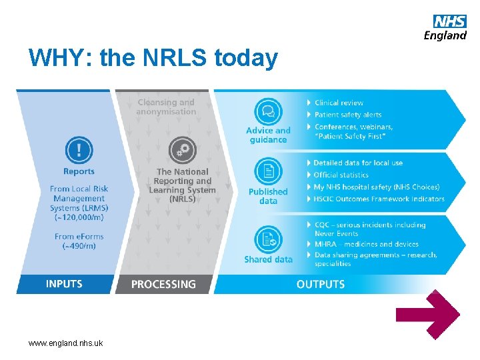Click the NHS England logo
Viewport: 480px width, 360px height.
[445, 27]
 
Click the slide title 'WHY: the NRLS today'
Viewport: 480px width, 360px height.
[153, 59]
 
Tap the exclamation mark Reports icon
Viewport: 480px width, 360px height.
[79, 149]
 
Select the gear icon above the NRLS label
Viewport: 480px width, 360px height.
[182, 150]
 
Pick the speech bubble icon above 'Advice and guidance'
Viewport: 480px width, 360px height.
[268, 111]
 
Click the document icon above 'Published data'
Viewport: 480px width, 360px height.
[268, 171]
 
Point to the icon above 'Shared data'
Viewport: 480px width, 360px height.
[268, 239]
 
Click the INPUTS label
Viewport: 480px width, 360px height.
[64, 284]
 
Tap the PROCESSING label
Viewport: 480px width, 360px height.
[163, 285]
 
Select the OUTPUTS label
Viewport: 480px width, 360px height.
[321, 285]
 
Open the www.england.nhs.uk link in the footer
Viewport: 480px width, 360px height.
[65, 343]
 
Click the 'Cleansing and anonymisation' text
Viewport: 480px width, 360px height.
[166, 107]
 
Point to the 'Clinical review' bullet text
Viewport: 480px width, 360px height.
[339, 103]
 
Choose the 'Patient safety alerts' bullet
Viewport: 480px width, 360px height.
[348, 115]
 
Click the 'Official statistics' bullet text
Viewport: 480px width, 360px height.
[341, 175]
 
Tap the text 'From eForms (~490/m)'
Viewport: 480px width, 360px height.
[79, 241]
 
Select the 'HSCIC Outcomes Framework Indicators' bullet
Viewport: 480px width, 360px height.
[379, 199]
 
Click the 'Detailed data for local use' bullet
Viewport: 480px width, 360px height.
[358, 163]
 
